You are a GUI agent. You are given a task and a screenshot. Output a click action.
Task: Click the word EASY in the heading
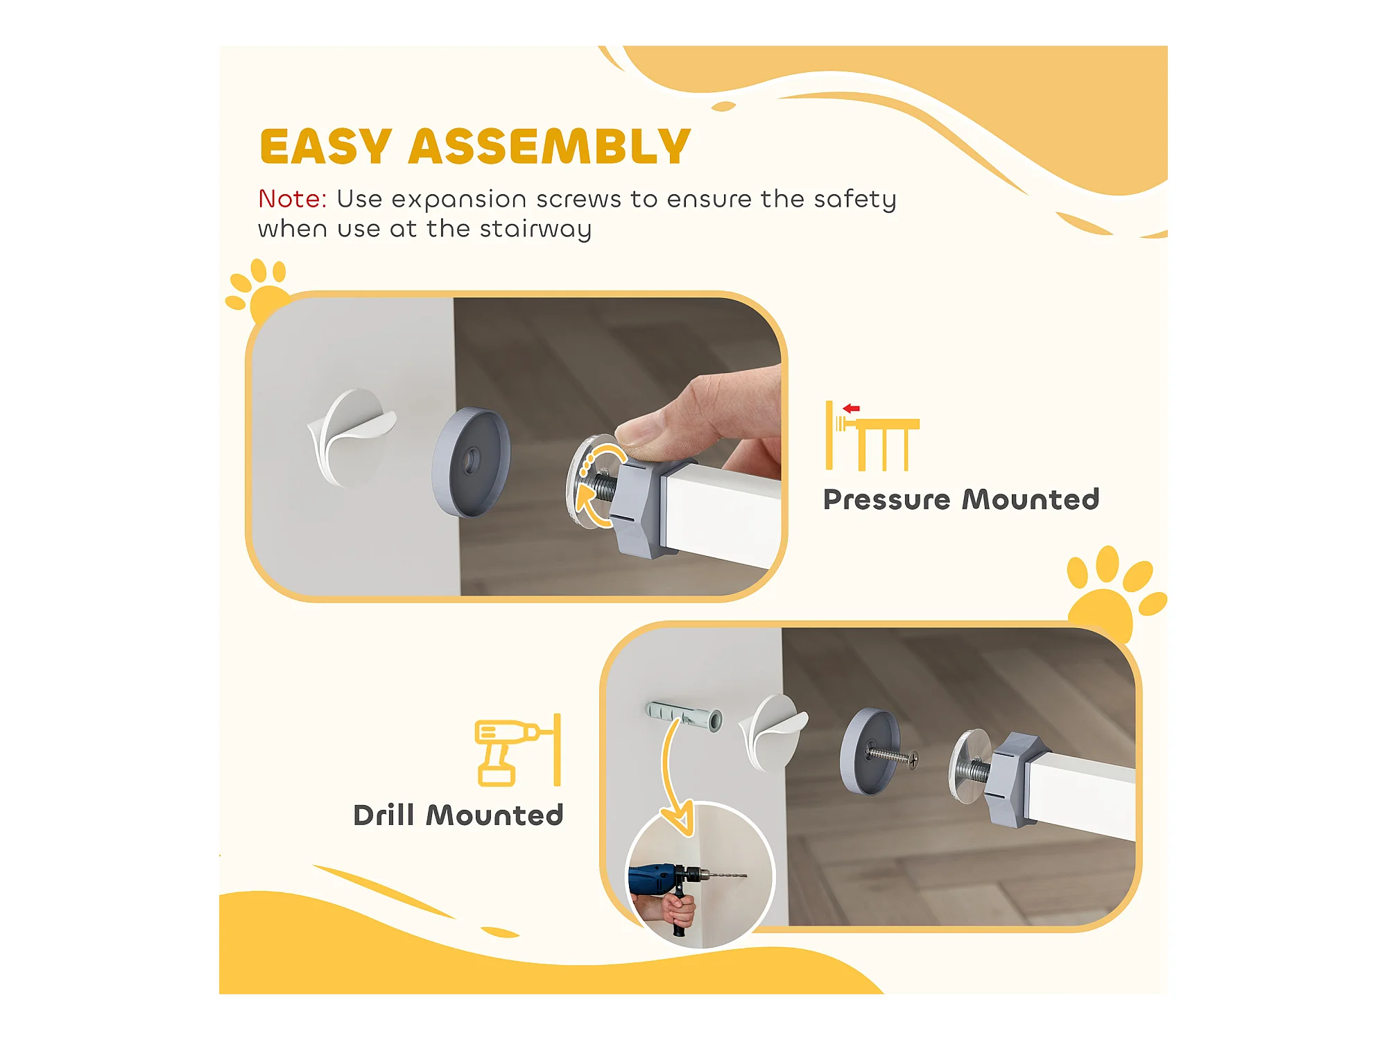[326, 146]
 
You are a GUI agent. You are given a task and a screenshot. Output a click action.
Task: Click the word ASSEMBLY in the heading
[549, 146]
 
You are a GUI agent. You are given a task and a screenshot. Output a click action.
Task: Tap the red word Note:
[292, 199]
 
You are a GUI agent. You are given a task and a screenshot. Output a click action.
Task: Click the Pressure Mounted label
[961, 499]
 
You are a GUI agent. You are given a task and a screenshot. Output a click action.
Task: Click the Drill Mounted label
[458, 815]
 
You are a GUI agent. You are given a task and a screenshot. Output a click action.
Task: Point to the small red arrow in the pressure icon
[852, 408]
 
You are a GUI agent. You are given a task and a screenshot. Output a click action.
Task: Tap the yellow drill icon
[517, 751]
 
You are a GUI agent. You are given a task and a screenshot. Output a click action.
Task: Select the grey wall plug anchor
[684, 716]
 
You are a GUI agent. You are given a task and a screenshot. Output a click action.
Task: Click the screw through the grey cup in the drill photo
[892, 756]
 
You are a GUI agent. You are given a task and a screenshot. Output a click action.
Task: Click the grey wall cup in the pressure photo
[471, 462]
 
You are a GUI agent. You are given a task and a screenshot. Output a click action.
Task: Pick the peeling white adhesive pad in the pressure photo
[351, 437]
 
